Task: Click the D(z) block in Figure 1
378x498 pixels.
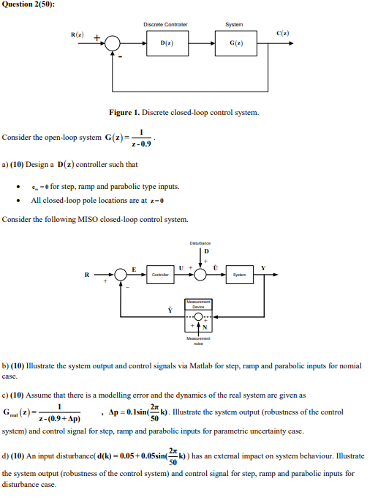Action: pyautogui.click(x=166, y=44)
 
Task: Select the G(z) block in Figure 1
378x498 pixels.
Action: pyautogui.click(x=233, y=44)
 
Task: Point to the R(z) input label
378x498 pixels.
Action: pyautogui.click(x=77, y=34)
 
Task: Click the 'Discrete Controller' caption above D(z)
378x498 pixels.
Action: pyautogui.click(x=165, y=24)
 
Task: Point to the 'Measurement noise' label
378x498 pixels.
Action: pyautogui.click(x=198, y=341)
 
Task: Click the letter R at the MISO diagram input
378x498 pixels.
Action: pyautogui.click(x=87, y=275)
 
